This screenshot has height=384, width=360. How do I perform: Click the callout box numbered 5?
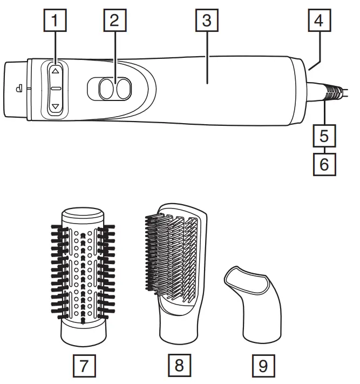(x=323, y=134)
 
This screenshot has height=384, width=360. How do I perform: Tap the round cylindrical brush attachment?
(x=83, y=275)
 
